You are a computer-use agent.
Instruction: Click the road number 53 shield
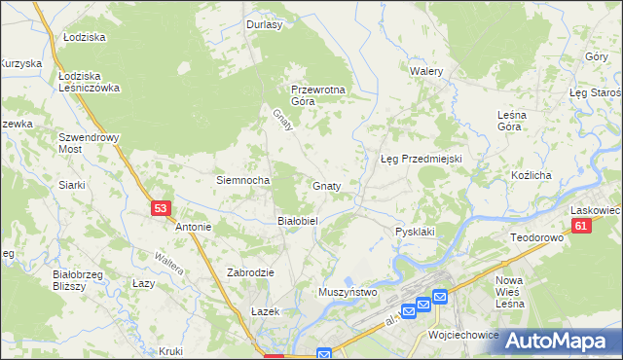coord(162,208)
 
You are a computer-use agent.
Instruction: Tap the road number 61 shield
coord(581,226)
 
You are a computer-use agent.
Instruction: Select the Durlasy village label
coord(264,25)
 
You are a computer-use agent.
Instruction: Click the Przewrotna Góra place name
coord(318,94)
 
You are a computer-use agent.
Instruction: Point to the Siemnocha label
coord(242,180)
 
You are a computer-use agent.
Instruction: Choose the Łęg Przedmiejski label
coord(420,158)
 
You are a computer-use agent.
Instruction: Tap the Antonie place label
coord(193,227)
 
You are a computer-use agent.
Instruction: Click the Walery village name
coord(426,72)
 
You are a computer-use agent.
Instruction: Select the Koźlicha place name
coord(531,175)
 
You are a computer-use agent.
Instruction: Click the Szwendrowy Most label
coord(89,143)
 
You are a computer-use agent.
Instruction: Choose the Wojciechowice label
coord(463,334)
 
